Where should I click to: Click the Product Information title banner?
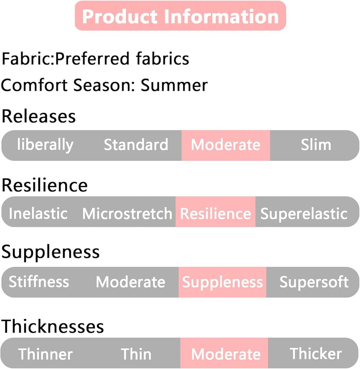pos(180,16)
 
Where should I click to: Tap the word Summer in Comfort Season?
pos(174,86)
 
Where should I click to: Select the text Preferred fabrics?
pos(123,59)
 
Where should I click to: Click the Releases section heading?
pos(39,117)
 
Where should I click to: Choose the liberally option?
pos(45,145)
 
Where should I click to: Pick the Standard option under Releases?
pos(136,145)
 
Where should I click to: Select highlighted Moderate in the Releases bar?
pos(225,145)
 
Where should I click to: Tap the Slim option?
pos(316,145)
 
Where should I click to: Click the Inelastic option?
pos(38,214)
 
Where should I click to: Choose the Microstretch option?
pos(127,214)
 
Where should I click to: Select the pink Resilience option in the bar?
pos(215,214)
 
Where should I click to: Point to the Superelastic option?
pos(304,214)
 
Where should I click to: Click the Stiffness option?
pos(39,282)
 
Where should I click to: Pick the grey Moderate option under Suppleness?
pos(131,282)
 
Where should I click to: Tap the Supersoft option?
pos(314,282)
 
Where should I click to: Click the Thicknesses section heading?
pos(53,327)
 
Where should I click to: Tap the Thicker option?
pos(316,354)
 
